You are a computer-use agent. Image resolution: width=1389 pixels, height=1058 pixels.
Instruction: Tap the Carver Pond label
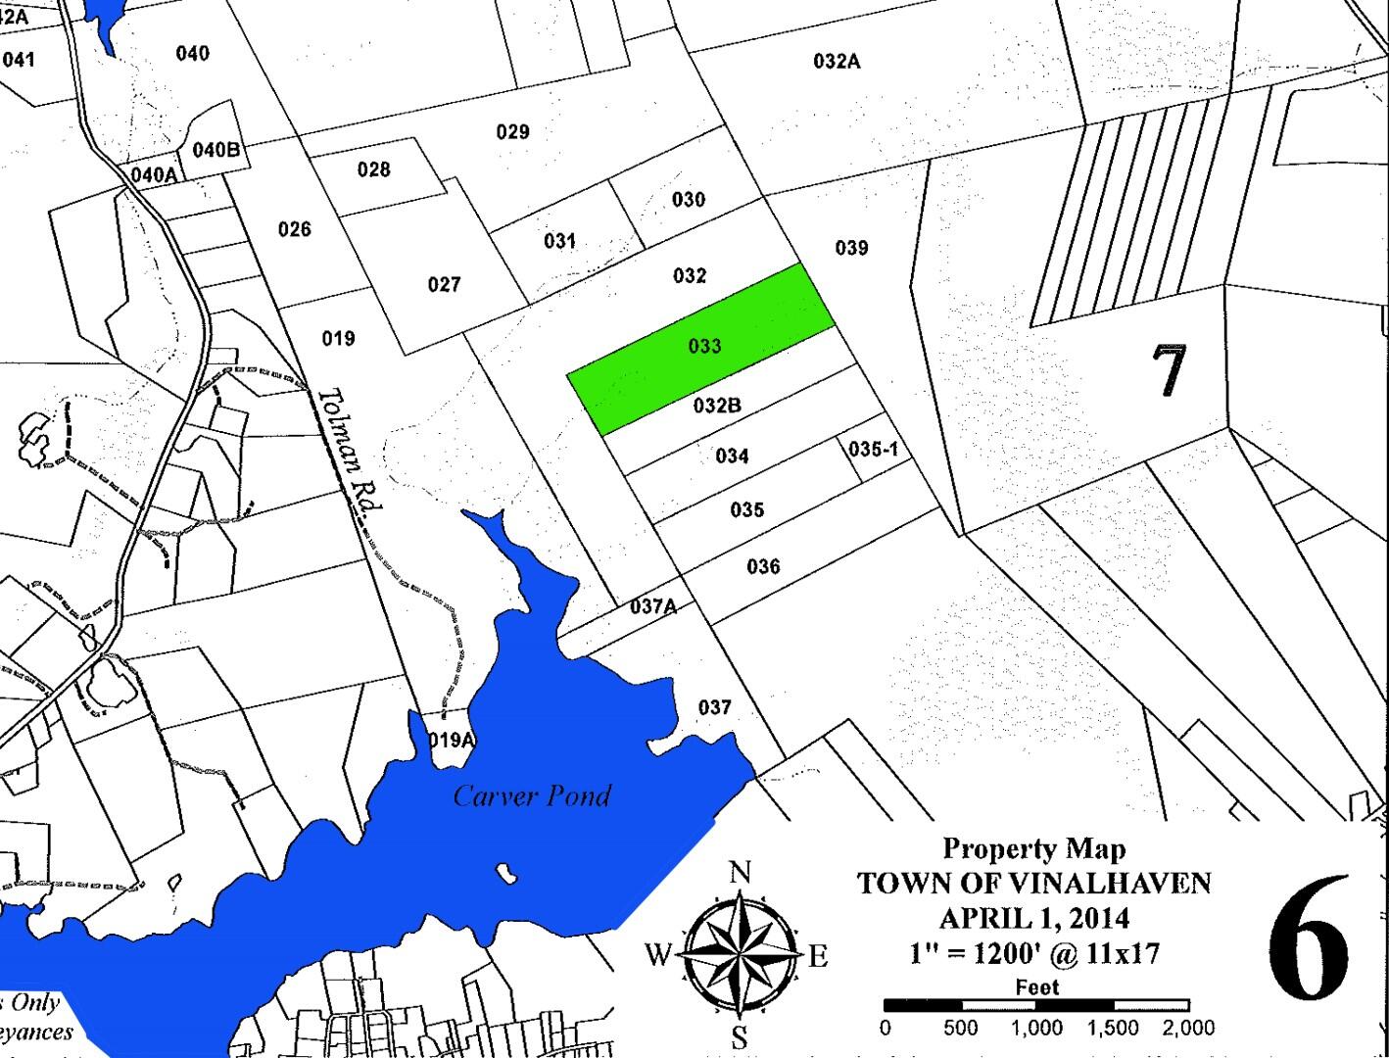[x=532, y=795]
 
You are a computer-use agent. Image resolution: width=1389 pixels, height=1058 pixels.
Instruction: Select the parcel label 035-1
[x=873, y=449]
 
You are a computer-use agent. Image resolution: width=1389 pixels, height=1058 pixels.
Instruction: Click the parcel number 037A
[x=652, y=606]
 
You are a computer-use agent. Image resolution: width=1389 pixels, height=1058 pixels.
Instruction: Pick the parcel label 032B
[x=716, y=405]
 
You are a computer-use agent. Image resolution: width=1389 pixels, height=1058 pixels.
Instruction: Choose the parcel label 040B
[x=216, y=150]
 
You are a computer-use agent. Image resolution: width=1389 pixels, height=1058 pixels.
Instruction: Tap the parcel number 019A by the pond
[x=452, y=740]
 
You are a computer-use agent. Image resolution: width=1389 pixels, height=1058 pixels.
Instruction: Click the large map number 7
[x=1168, y=370]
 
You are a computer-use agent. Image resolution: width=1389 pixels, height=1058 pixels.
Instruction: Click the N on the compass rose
[x=741, y=871]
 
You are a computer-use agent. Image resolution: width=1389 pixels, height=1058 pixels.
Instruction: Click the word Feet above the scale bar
[x=1036, y=986]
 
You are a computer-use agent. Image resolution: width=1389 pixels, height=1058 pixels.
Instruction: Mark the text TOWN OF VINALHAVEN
[x=1034, y=884]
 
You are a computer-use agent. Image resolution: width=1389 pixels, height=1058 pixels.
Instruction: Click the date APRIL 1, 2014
[x=1034, y=918]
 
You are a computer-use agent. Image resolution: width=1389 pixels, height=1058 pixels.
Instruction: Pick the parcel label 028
[x=373, y=169]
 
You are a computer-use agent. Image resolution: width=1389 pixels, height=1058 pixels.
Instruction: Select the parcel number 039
[x=851, y=248]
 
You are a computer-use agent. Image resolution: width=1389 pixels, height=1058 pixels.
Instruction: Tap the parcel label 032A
[x=837, y=62]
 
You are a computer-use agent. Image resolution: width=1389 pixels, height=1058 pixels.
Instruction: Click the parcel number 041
[x=18, y=60]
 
